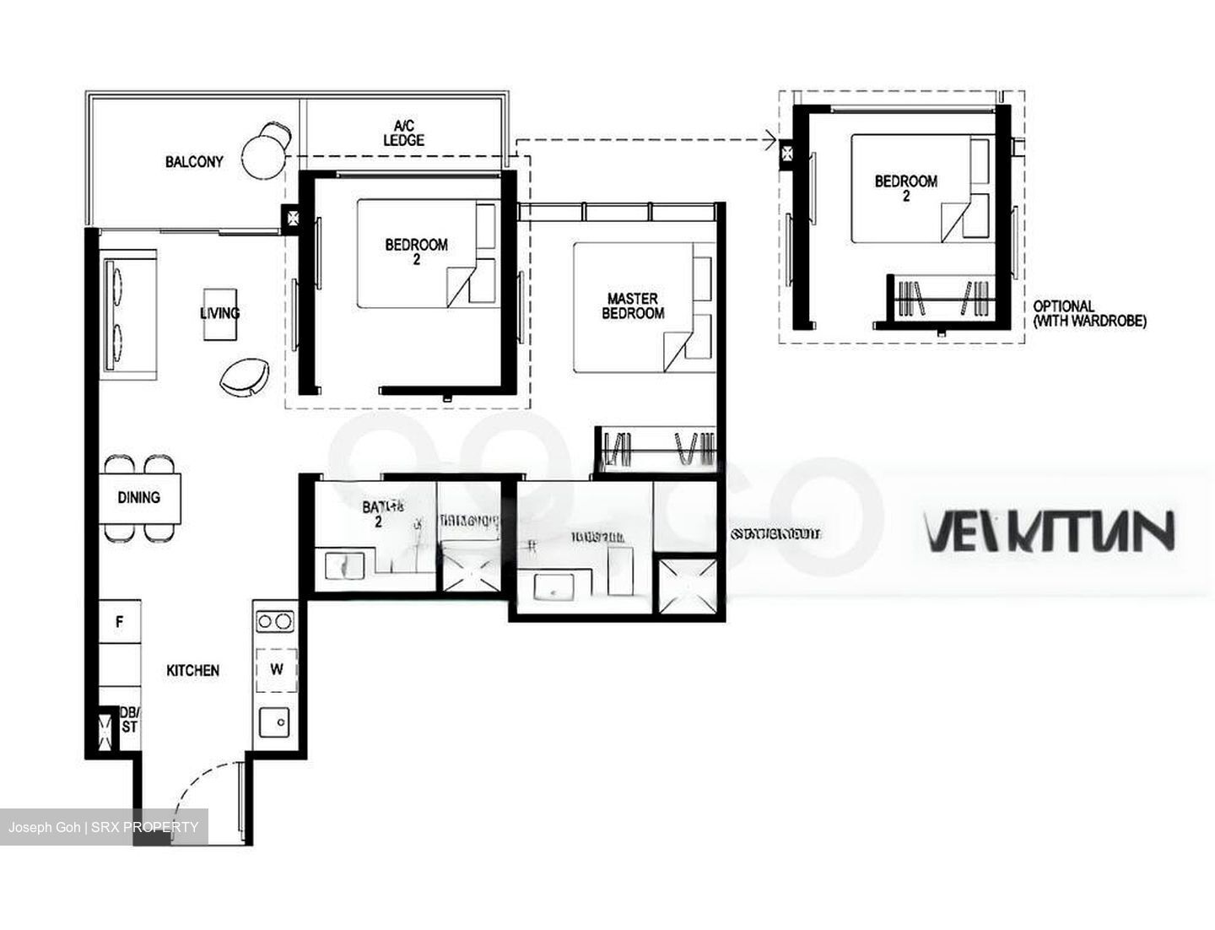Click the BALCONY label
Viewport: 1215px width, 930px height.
194,162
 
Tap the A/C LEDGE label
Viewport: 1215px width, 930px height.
403,133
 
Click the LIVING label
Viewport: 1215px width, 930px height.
219,313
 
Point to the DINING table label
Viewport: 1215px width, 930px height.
138,497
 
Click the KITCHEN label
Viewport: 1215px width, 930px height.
192,670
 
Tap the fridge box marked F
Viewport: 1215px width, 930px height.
120,622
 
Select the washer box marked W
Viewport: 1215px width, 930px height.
277,669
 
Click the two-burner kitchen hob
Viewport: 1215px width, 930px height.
275,622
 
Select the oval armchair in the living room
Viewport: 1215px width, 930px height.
246,376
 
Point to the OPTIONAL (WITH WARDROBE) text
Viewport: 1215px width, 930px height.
1089,313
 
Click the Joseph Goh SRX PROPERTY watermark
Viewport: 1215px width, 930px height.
104,827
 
